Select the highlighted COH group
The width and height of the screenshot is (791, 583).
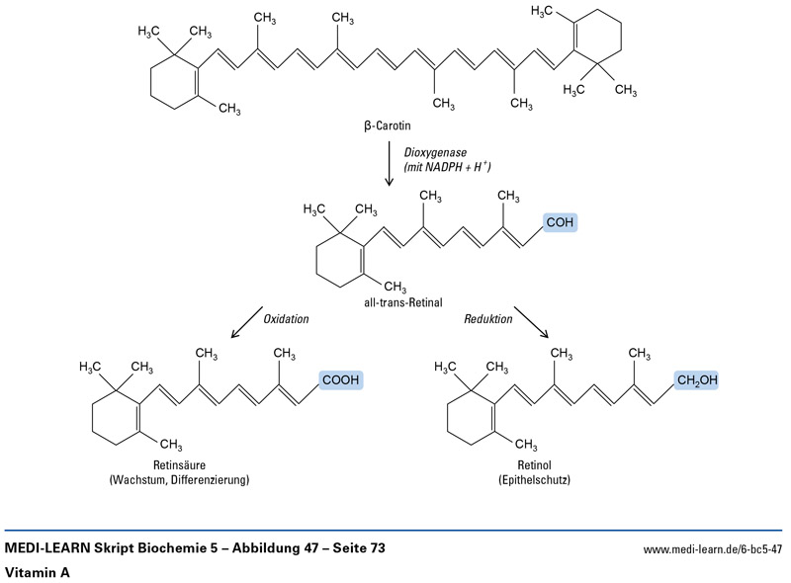pos(559,223)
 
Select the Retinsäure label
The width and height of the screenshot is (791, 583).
pos(179,464)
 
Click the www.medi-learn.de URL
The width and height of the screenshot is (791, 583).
pos(712,547)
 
